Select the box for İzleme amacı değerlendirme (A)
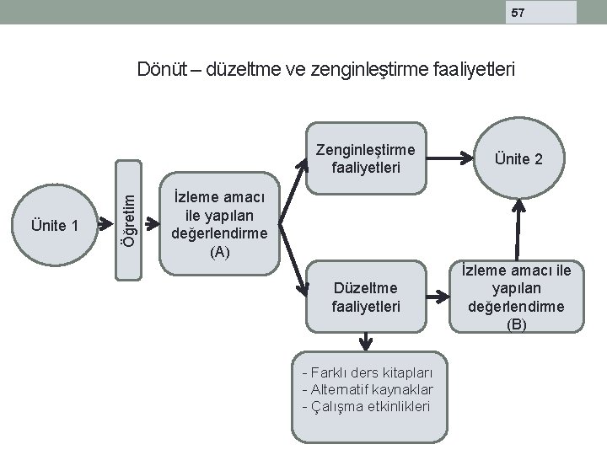pyautogui.click(x=219, y=224)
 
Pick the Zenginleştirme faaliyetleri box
pyautogui.click(x=365, y=158)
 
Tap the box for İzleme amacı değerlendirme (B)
pyautogui.click(x=516, y=297)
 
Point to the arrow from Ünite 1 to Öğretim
pyautogui.click(x=104, y=223)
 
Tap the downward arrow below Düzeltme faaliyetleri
pyautogui.click(x=365, y=341)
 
